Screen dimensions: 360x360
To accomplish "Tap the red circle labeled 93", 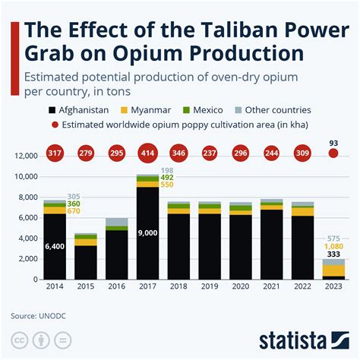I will [333, 153].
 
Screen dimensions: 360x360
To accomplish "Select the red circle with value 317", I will [55, 153].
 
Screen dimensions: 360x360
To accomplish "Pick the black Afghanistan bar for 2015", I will [86, 262].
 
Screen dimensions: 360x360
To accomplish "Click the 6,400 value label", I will [55, 246].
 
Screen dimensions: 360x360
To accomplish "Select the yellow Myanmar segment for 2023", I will [333, 270].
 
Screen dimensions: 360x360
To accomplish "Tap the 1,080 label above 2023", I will [333, 247].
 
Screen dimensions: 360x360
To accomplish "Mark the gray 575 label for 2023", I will [333, 238].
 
